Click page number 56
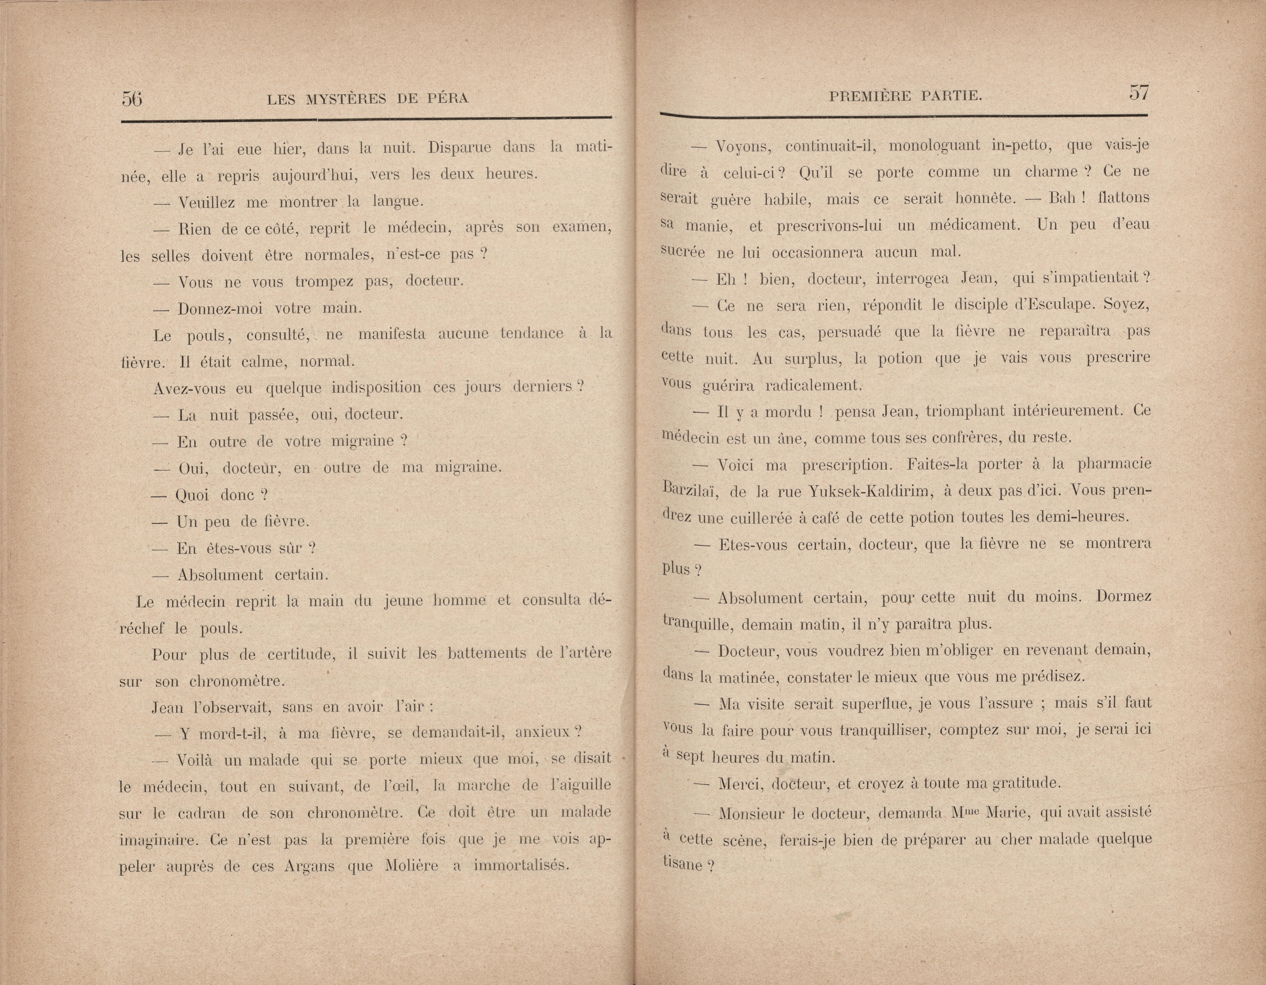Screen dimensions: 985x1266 [132, 98]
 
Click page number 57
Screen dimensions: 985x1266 [1138, 93]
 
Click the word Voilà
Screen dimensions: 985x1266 [197, 759]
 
